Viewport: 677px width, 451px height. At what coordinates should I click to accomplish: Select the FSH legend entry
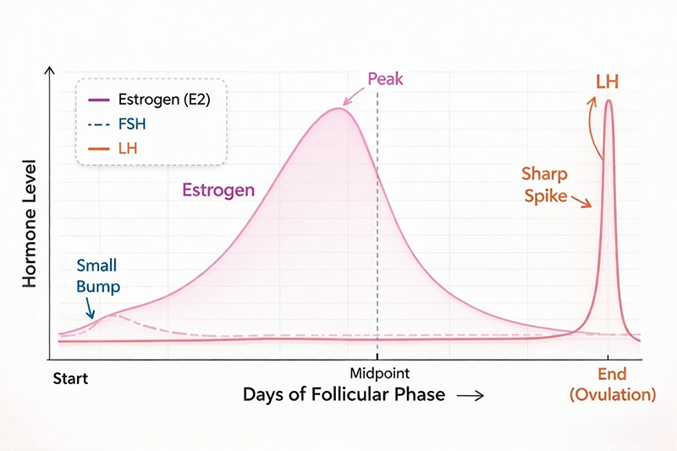click(126, 125)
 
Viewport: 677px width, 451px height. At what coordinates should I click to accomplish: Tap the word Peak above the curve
click(385, 80)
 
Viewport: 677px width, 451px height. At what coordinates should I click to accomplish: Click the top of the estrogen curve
click(340, 107)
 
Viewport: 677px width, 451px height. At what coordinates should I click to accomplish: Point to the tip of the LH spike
click(608, 101)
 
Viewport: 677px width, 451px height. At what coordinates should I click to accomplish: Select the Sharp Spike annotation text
click(545, 185)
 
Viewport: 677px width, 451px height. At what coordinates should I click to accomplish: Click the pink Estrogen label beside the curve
click(218, 190)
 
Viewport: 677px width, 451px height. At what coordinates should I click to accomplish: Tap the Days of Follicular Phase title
click(344, 395)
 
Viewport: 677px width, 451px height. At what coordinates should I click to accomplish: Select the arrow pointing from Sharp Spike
click(581, 202)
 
